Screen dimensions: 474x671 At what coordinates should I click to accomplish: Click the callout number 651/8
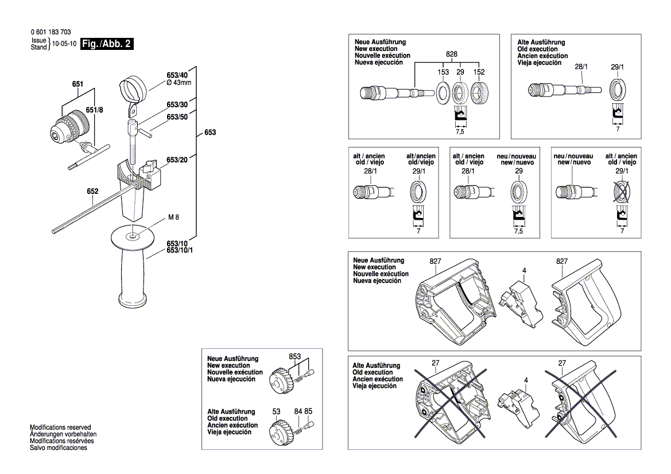[94, 110]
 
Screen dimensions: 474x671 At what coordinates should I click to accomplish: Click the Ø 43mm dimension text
[179, 82]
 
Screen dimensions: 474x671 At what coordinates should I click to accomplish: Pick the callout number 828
[452, 53]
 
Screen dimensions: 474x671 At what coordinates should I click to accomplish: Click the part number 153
[443, 72]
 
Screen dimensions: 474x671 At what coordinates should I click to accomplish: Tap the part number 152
[479, 72]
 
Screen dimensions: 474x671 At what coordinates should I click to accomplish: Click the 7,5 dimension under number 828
[460, 131]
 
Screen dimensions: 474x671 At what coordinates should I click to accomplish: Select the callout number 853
[295, 356]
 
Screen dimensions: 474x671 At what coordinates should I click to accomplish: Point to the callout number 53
[276, 411]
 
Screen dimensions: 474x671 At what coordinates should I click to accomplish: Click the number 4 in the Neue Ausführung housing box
[523, 270]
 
